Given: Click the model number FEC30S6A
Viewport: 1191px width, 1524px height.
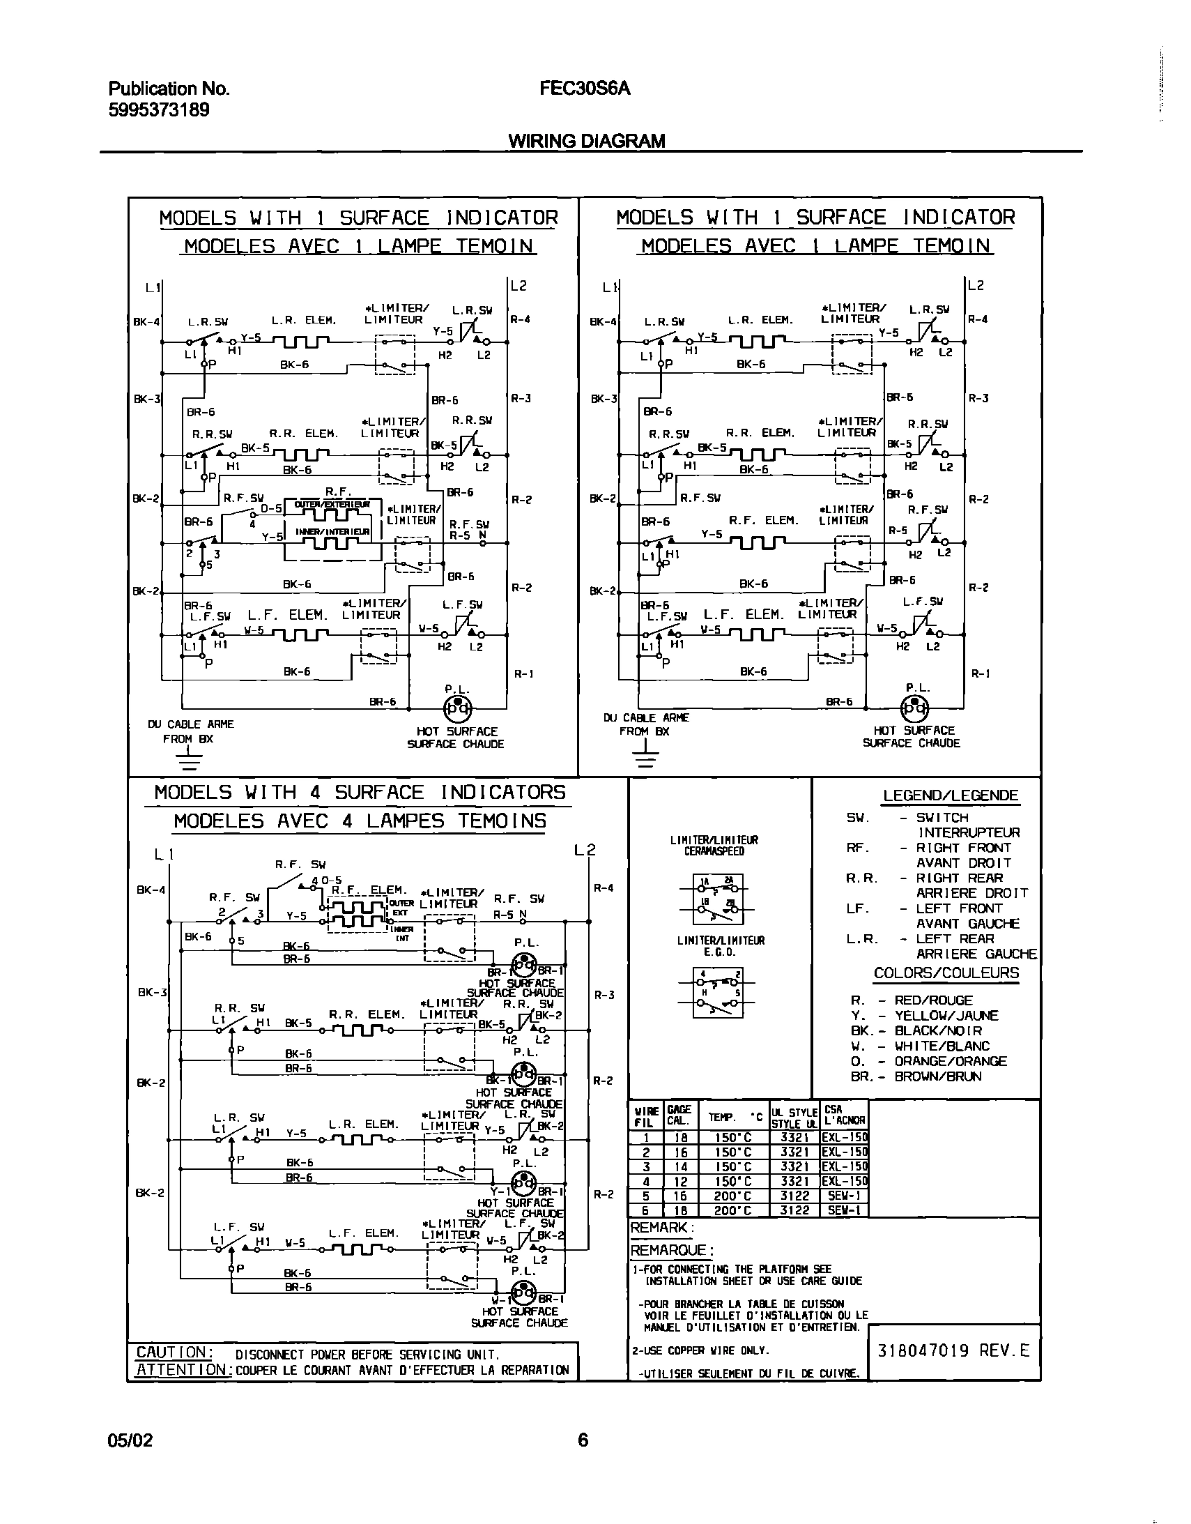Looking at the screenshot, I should [x=584, y=89].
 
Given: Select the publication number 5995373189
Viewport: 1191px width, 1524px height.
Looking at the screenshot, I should [x=158, y=110].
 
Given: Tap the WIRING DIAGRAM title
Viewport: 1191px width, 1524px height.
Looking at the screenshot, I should [x=586, y=141].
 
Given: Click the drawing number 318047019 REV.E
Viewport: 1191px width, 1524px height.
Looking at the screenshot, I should [x=953, y=1350].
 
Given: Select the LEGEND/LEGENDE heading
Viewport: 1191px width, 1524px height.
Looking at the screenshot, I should [x=951, y=795].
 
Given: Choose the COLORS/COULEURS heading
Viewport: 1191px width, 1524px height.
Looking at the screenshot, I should [x=946, y=973].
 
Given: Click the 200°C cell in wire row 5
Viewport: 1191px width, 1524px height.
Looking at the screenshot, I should [x=732, y=1196].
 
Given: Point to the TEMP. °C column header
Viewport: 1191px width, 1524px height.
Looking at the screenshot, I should [x=732, y=1117].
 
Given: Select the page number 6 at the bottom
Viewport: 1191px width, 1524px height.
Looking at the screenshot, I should [x=583, y=1440].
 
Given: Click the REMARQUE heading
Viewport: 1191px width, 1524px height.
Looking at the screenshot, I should [x=671, y=1250].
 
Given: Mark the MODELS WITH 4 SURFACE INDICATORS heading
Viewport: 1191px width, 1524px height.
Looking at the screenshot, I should [x=360, y=793].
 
